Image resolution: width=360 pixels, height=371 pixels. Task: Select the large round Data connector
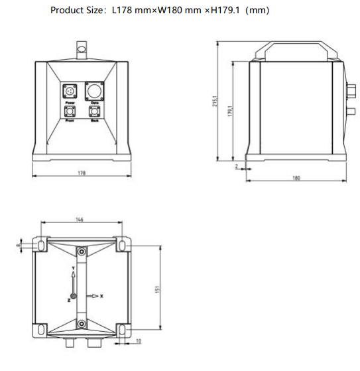94,90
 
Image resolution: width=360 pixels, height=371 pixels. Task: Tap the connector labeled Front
68,113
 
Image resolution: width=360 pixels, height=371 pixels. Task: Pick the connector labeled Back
94,113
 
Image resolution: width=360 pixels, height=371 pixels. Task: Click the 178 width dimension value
81,173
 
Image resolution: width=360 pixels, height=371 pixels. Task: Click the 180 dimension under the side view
296,177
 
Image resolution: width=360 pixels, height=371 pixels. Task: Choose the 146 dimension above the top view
80,219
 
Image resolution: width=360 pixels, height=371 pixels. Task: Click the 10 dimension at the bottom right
137,342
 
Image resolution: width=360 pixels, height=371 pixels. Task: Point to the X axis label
101,296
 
